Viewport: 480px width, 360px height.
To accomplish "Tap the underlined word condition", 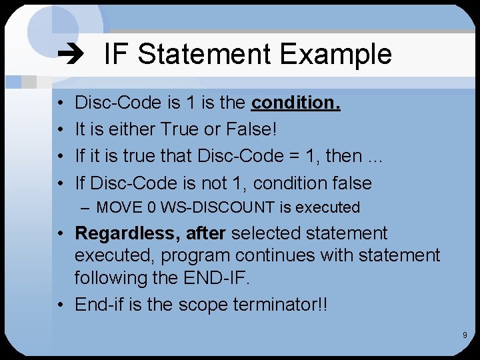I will tap(295, 103).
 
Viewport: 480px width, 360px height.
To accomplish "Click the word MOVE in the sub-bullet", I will tap(116, 207).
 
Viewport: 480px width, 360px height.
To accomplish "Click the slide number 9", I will tap(465, 335).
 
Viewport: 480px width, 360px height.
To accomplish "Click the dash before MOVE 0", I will tap(85, 207).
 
